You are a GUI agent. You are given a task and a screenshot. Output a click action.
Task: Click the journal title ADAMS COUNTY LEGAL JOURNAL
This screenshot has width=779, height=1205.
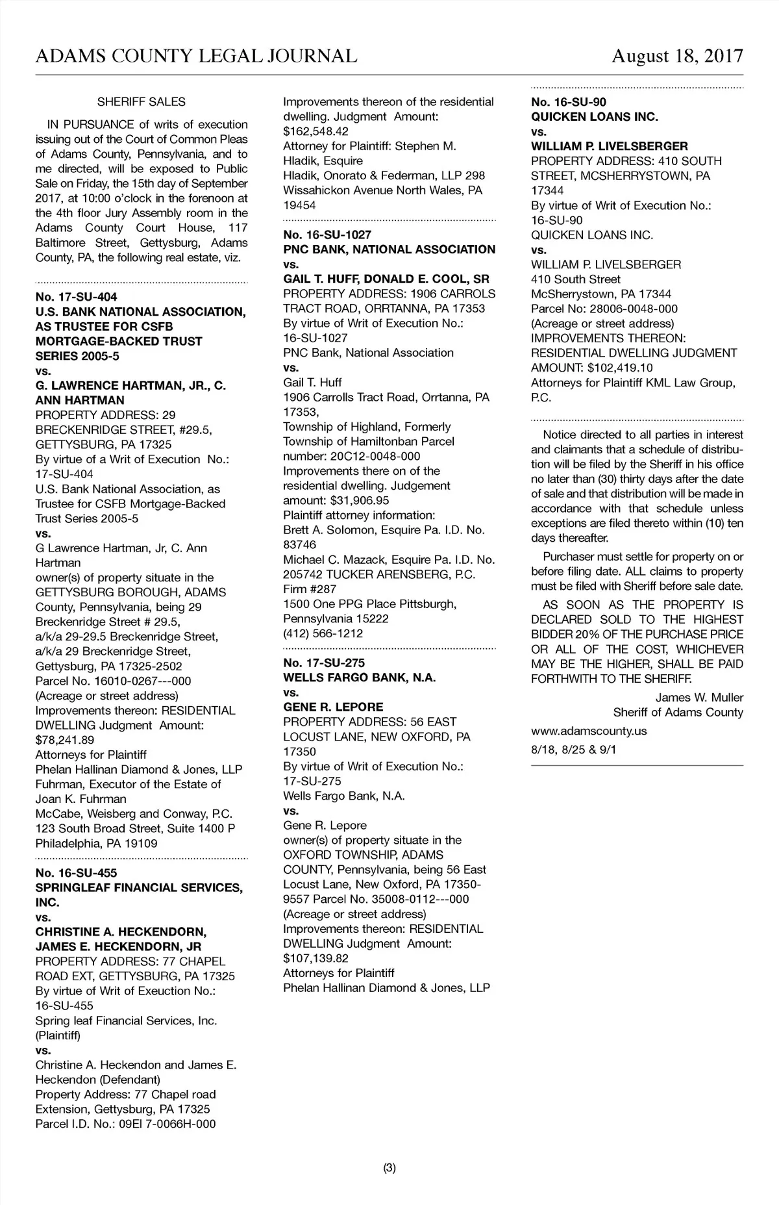(196, 56)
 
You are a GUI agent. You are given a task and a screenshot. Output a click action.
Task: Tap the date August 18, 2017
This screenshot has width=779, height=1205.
(677, 56)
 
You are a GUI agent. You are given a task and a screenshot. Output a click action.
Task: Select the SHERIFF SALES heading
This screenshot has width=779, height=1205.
(141, 102)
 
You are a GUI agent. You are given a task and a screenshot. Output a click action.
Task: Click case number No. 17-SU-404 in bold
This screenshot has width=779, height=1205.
(77, 298)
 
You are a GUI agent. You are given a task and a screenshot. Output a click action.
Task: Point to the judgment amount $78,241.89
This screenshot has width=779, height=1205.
(64, 740)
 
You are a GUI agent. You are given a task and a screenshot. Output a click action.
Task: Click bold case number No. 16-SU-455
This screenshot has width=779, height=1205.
(77, 873)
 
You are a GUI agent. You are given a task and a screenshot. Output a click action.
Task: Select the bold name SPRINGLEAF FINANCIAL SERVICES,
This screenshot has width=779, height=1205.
(139, 888)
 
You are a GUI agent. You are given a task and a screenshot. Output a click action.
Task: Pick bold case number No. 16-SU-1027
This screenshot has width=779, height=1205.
(327, 235)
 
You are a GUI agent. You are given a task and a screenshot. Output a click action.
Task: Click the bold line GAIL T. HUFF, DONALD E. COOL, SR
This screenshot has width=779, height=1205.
(386, 279)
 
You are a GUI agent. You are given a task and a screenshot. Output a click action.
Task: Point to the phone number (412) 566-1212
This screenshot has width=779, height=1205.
(323, 633)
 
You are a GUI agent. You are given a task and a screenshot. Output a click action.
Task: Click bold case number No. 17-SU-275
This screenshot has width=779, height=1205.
(324, 663)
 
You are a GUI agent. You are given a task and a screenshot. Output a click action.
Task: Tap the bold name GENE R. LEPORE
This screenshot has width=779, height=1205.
(333, 707)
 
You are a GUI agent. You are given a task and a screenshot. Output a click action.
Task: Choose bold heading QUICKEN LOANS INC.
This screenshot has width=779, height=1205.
(594, 117)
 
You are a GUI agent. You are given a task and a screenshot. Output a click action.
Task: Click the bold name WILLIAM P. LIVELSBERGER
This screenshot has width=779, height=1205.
(609, 147)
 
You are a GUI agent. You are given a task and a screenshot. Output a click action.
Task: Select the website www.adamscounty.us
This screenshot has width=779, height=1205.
(589, 731)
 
